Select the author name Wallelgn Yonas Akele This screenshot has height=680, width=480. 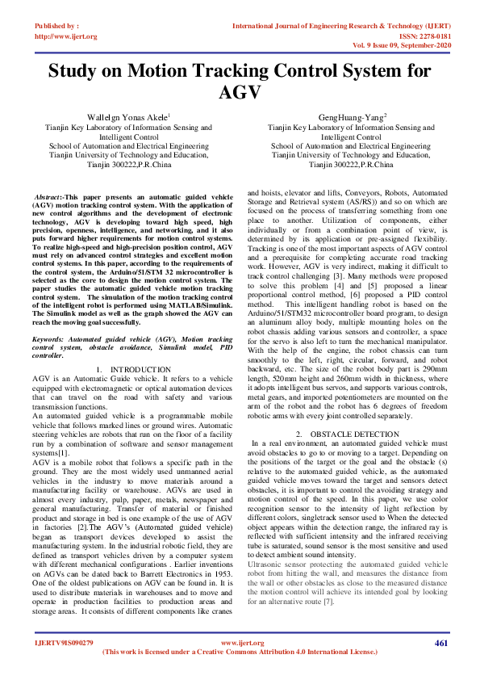pyautogui.click(x=128, y=117)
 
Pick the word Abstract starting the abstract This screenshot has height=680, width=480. pyautogui.click(x=48, y=197)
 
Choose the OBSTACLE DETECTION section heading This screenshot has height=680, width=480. pyautogui.click(x=349, y=433)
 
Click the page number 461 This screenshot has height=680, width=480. pyautogui.click(x=440, y=643)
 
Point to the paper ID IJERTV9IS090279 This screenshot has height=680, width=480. pyautogui.click(x=64, y=643)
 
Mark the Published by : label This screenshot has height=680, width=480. pyautogui.click(x=56, y=27)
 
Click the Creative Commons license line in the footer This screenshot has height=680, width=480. pyautogui.click(x=240, y=651)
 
